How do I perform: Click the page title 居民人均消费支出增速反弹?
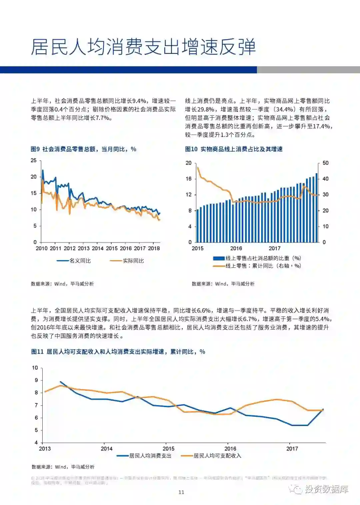(x=143, y=47)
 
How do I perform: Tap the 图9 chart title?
(x=83, y=149)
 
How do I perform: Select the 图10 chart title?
(x=234, y=149)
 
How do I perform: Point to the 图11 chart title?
(x=118, y=352)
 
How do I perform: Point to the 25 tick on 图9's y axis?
(x=34, y=161)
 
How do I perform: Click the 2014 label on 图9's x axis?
(x=98, y=249)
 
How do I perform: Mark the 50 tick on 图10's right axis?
(x=326, y=163)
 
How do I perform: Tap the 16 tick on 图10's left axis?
(x=189, y=179)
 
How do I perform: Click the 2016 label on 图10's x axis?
(x=236, y=249)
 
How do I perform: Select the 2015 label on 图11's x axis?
(x=168, y=449)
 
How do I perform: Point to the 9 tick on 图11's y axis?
(x=36, y=380)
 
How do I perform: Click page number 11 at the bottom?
(x=181, y=492)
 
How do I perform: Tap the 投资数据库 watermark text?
(x=326, y=489)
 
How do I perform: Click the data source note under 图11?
(x=63, y=467)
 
